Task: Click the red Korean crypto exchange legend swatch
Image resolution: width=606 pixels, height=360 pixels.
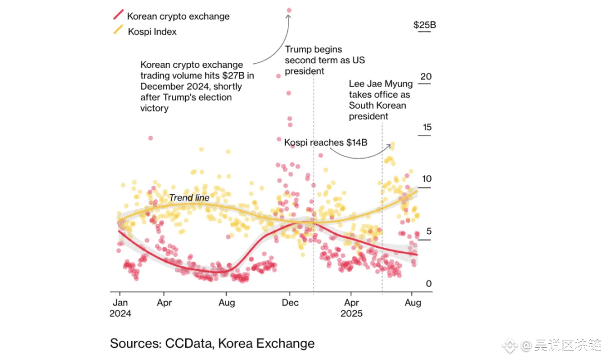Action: (x=117, y=16)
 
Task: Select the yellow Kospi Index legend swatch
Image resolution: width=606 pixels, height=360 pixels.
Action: (x=117, y=31)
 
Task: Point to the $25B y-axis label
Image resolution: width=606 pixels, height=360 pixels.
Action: (x=424, y=25)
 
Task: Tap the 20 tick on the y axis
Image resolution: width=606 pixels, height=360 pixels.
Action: (x=426, y=76)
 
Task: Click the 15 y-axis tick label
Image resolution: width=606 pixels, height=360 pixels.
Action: (x=426, y=128)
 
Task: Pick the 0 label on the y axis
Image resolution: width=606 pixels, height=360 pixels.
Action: (x=429, y=284)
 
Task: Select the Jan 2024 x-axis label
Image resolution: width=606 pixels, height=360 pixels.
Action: (x=120, y=307)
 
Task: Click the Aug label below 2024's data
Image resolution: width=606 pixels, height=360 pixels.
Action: (x=226, y=302)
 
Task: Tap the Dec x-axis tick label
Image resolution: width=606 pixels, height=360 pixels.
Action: (x=290, y=302)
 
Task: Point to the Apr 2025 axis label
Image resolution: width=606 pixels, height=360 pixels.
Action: (x=351, y=307)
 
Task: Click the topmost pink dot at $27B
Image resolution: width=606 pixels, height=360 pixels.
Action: (x=290, y=10)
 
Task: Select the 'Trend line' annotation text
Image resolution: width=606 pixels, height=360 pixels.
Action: (x=189, y=198)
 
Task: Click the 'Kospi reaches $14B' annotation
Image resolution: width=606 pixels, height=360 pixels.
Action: (x=325, y=142)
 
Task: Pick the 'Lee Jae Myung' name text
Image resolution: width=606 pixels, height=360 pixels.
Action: (x=380, y=84)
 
